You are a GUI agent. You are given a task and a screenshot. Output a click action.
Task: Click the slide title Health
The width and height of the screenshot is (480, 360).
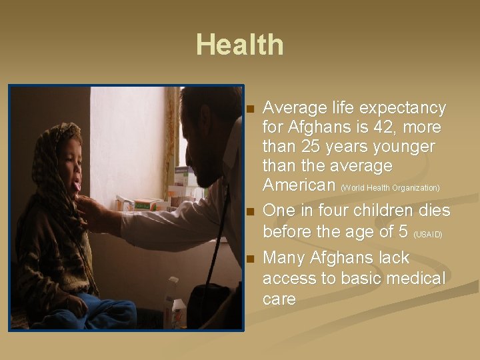click(239, 45)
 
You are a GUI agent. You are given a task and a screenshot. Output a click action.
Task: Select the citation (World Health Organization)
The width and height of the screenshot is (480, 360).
click(390, 187)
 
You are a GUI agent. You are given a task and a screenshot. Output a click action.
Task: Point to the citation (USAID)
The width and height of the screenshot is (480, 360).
click(428, 235)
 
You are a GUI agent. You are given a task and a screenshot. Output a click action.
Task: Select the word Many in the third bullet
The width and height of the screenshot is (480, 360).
click(283, 258)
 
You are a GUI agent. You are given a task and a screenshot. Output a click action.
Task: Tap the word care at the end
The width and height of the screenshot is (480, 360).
click(279, 299)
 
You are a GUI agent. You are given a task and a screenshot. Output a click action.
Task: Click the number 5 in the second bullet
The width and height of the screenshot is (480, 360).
click(403, 231)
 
